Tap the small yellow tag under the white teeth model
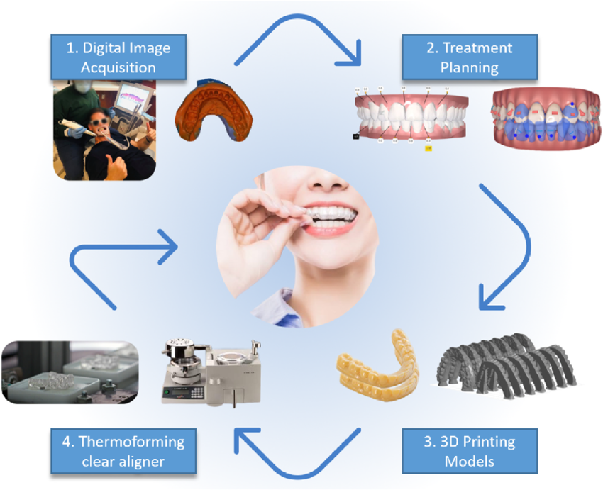[428, 148]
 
